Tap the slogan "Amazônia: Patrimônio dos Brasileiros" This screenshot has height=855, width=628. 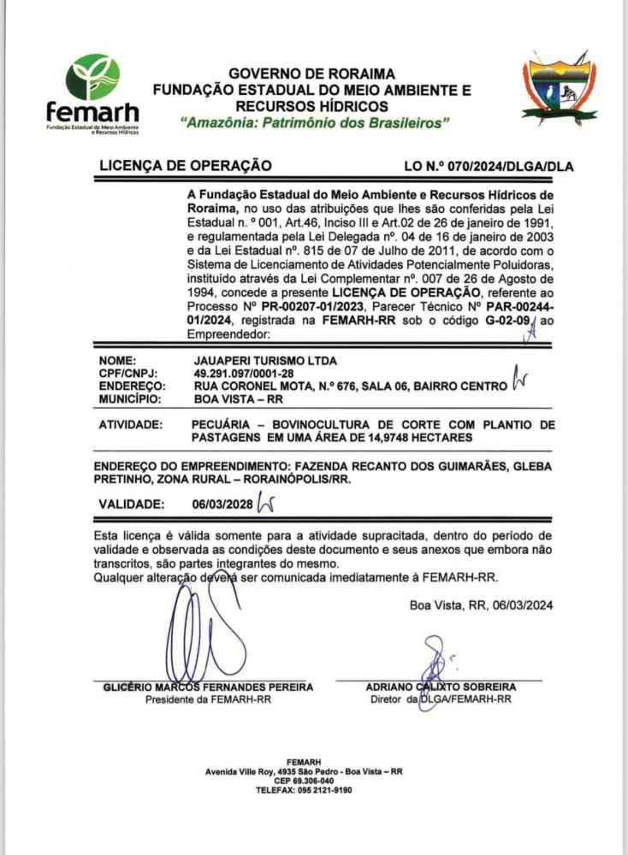pyautogui.click(x=316, y=123)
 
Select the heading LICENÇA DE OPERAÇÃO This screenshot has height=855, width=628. pyautogui.click(x=186, y=166)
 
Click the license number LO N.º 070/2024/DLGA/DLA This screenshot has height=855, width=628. pyautogui.click(x=489, y=167)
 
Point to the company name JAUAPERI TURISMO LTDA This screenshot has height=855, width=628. pyautogui.click(x=266, y=362)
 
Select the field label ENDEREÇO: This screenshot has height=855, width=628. pyautogui.click(x=133, y=386)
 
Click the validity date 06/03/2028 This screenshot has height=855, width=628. pyautogui.click(x=222, y=504)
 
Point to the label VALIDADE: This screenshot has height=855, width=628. pyautogui.click(x=132, y=504)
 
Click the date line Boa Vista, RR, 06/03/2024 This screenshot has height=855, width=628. pyautogui.click(x=481, y=605)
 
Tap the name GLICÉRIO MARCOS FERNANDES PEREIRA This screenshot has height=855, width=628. pyautogui.click(x=208, y=687)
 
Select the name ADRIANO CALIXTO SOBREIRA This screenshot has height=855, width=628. pyautogui.click(x=441, y=687)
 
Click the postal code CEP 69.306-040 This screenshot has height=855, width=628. pyautogui.click(x=304, y=781)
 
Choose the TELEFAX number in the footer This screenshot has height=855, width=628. pyautogui.click(x=304, y=790)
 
